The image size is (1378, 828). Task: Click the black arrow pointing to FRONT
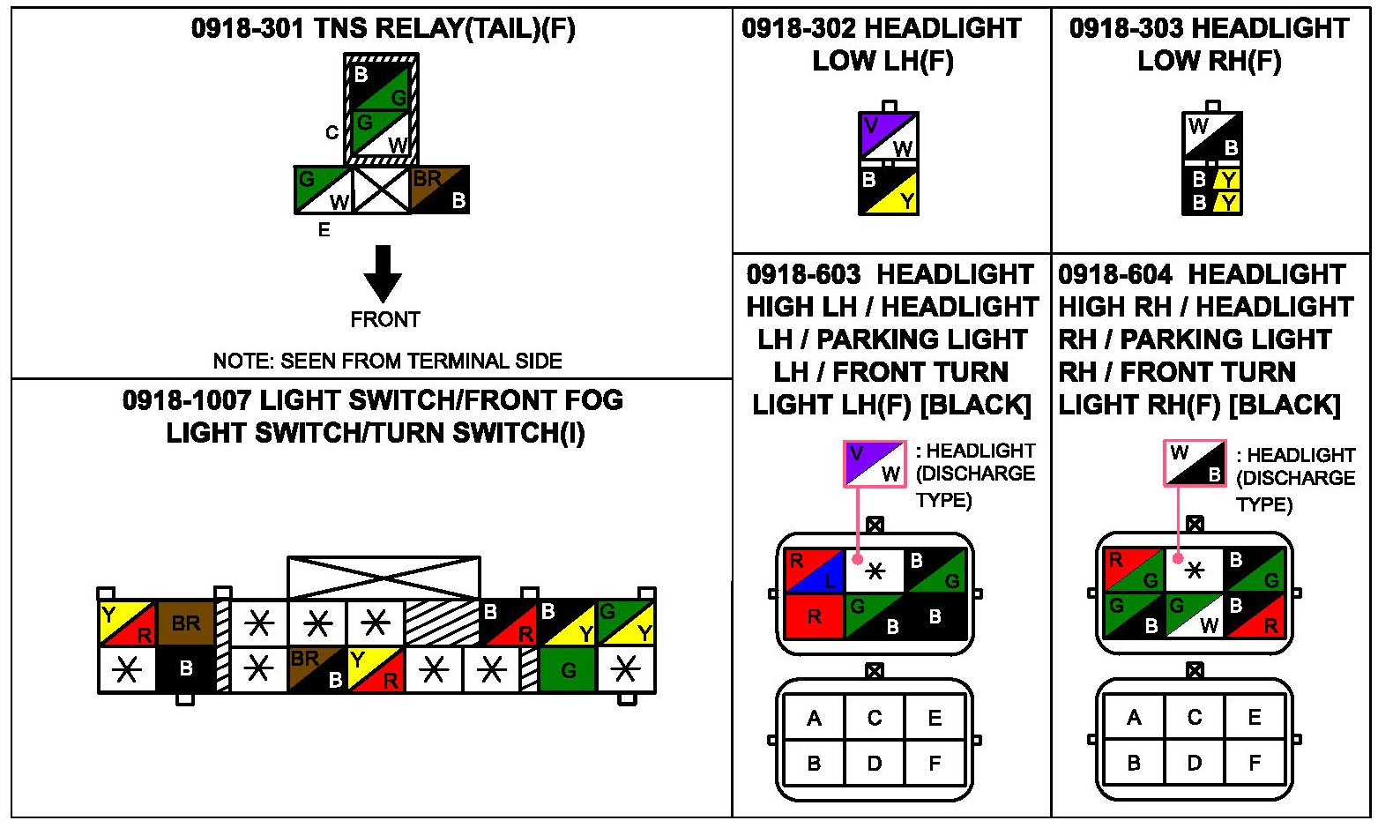pyautogui.click(x=383, y=273)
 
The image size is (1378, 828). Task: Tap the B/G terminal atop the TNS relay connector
pyautogui.click(x=381, y=85)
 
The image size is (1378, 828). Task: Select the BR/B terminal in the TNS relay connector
pyautogui.click(x=440, y=190)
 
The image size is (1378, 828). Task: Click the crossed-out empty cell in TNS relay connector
pyautogui.click(x=381, y=190)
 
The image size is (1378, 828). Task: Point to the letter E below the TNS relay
pyautogui.click(x=324, y=230)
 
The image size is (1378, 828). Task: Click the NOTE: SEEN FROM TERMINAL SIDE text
pyautogui.click(x=387, y=361)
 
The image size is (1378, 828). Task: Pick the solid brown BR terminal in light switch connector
pyautogui.click(x=185, y=623)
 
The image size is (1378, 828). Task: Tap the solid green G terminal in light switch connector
pyautogui.click(x=568, y=670)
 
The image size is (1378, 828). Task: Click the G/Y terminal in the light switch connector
pyautogui.click(x=626, y=623)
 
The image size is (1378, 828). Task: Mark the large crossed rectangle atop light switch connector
pyautogui.click(x=384, y=578)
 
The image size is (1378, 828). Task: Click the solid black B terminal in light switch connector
pyautogui.click(x=185, y=670)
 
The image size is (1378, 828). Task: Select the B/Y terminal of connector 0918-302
pyautogui.click(x=889, y=190)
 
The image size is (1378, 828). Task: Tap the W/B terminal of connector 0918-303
pyautogui.click(x=1212, y=137)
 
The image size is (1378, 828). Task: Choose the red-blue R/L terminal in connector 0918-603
pyautogui.click(x=815, y=571)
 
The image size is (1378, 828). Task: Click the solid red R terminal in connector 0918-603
pyautogui.click(x=815, y=616)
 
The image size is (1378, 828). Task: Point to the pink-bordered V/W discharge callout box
pyautogui.click(x=875, y=463)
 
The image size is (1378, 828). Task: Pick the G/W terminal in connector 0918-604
pyautogui.click(x=1194, y=615)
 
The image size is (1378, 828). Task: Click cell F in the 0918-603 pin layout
pyautogui.click(x=935, y=762)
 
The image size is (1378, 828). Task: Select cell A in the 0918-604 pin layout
pyautogui.click(x=1134, y=718)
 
